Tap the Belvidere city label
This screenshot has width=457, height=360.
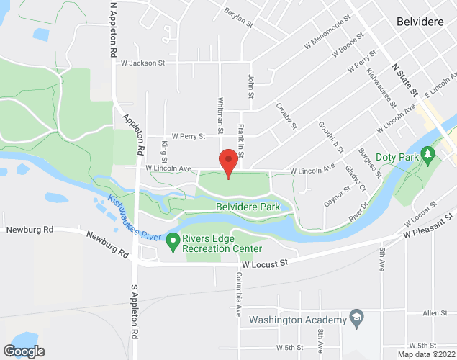point(421,22)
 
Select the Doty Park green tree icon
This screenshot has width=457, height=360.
point(428,153)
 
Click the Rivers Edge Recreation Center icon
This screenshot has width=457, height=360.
point(173,240)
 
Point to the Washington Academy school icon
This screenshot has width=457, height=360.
point(355,318)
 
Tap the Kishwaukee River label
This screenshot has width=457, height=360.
point(134,217)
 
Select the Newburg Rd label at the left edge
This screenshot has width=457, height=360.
point(30,230)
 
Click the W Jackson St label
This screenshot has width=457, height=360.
point(142,63)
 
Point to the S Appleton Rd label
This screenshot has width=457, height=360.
point(134,311)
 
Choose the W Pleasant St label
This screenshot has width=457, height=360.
point(429,225)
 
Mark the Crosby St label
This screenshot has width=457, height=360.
point(286,117)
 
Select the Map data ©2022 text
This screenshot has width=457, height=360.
point(427,354)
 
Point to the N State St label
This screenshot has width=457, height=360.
point(404,79)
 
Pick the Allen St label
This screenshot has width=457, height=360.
point(435,313)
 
